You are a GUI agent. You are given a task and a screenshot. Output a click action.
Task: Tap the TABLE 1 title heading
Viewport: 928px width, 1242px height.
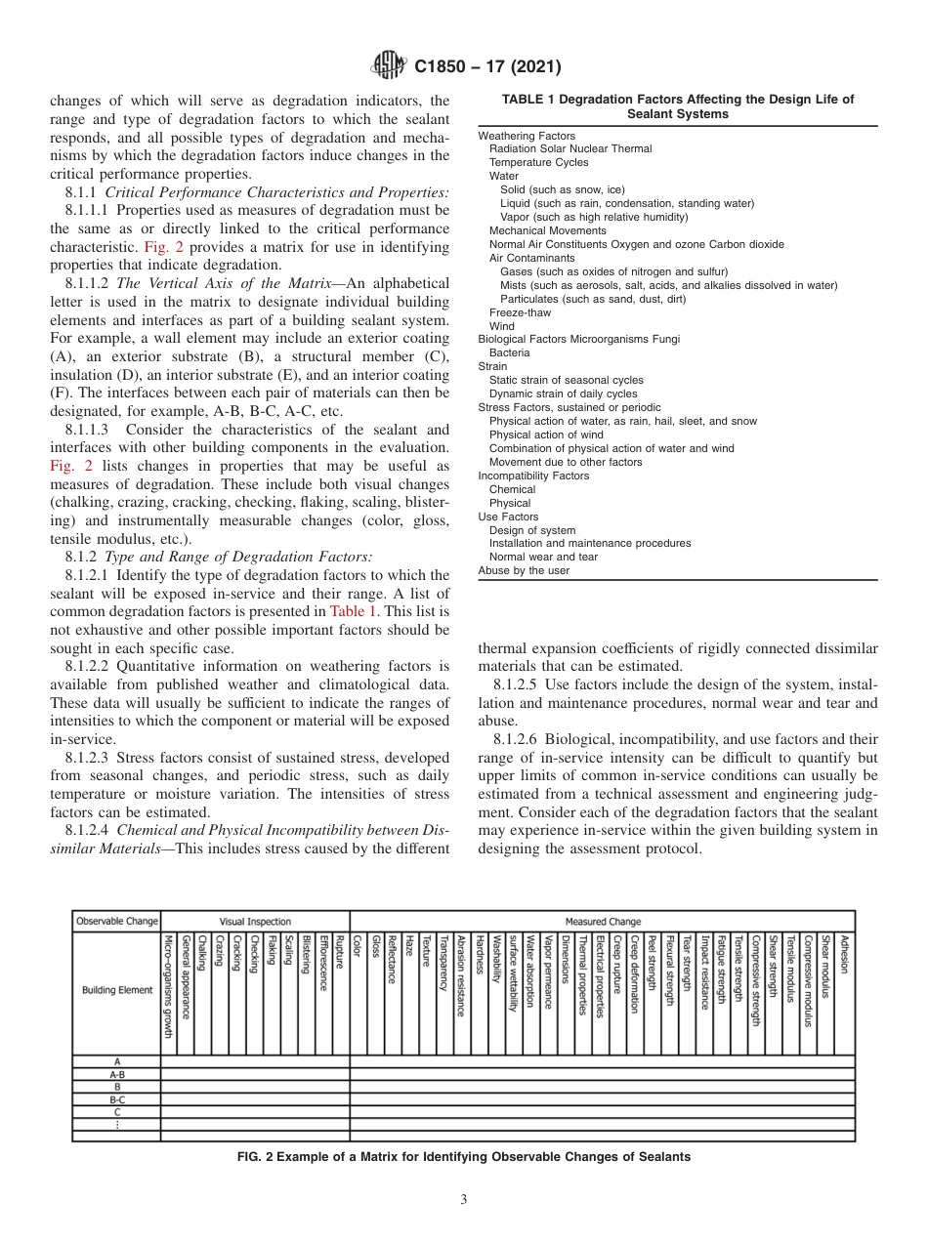point(677,106)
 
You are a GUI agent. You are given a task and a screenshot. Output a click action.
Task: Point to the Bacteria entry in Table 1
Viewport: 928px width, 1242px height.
point(509,352)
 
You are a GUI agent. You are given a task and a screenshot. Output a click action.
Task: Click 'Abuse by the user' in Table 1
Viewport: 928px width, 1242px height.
point(524,570)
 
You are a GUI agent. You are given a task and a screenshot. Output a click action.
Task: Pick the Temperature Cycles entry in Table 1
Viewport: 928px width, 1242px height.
point(538,162)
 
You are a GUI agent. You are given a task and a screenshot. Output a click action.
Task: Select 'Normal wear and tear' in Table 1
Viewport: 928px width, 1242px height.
point(543,557)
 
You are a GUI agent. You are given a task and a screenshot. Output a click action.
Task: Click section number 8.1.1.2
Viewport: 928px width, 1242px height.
point(91,283)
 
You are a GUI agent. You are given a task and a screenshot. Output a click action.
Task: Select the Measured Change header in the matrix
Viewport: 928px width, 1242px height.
point(603,921)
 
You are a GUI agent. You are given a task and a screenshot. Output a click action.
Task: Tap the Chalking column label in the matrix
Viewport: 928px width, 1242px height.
point(202,953)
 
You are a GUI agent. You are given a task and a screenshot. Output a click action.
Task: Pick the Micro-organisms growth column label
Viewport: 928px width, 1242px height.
point(168,985)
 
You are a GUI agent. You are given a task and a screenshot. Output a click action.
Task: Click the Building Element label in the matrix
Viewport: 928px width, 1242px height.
point(117,989)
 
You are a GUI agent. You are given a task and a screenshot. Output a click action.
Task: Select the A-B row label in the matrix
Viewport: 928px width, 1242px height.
point(117,1073)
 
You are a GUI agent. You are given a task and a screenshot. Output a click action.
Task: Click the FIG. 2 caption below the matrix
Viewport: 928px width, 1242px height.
point(464,1157)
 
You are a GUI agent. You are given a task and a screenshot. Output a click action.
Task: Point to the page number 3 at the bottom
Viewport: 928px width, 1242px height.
point(463,1200)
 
